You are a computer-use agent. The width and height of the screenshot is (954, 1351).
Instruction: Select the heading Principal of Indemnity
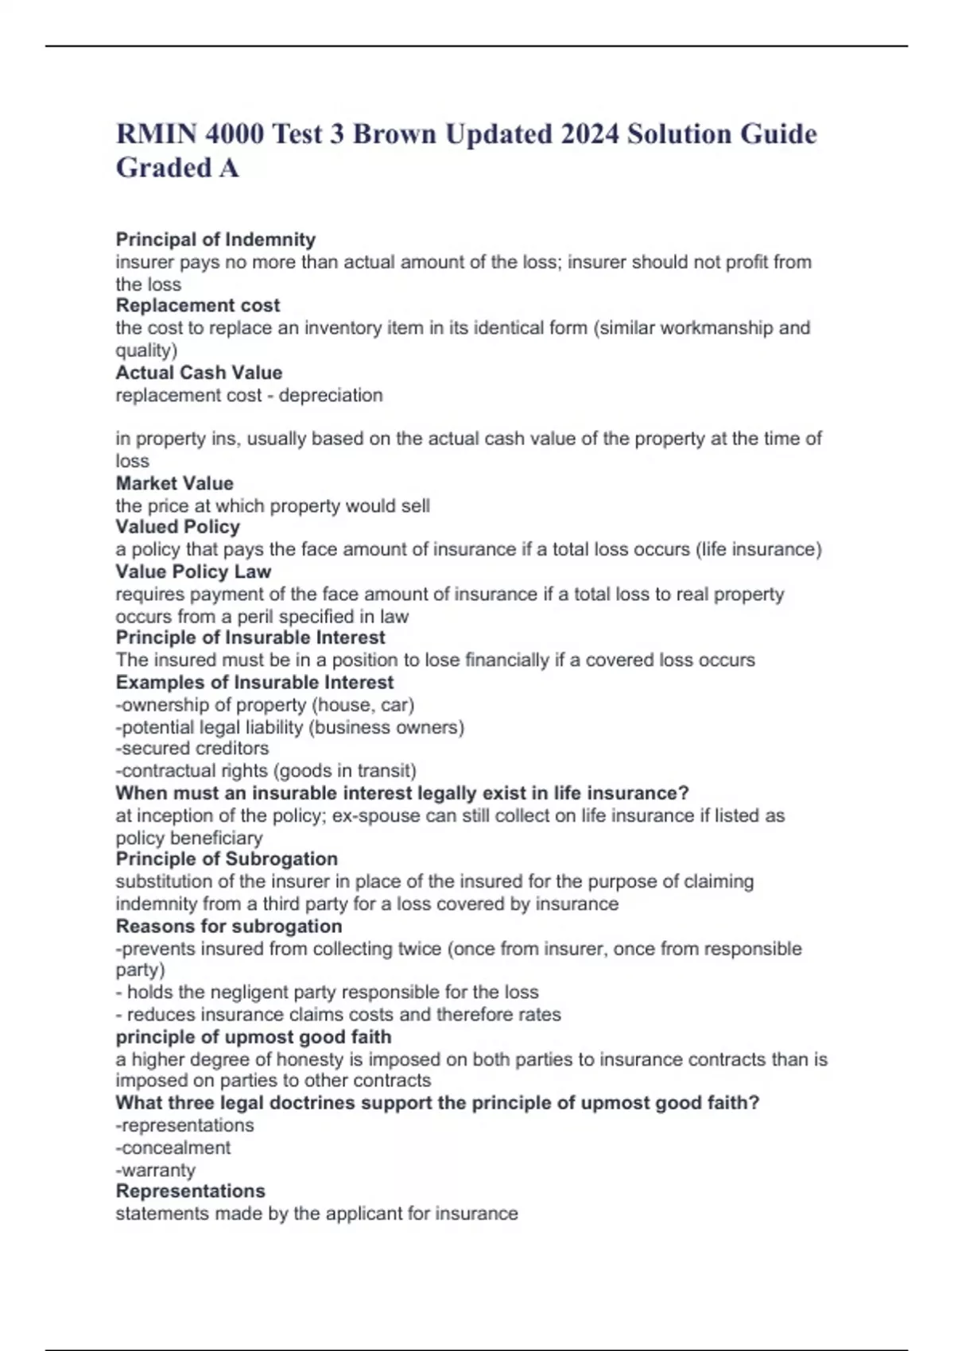point(215,239)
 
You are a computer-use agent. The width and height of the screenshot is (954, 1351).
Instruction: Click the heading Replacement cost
point(198,305)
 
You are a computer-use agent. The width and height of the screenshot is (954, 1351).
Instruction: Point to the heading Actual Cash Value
point(199,372)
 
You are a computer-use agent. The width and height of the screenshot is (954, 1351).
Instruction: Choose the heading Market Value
point(174,483)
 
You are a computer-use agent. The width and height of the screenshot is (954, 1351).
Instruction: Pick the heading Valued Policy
point(177,526)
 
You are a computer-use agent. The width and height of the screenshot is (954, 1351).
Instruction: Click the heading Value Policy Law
point(193,571)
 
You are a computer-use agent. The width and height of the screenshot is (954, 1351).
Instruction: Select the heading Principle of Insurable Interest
point(250,637)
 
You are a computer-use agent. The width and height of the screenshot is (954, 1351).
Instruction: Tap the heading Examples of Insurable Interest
point(254,682)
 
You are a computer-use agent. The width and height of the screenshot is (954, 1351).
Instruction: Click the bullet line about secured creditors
point(192,748)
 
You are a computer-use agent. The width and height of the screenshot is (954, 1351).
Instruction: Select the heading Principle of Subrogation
point(227,858)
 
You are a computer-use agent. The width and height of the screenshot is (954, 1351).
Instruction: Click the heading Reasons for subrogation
point(229,926)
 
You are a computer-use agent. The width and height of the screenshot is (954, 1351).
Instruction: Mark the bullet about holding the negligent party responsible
point(328,992)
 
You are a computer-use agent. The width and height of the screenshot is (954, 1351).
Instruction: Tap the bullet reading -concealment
point(173,1148)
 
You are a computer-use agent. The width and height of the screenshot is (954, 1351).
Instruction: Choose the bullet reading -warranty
point(156,1170)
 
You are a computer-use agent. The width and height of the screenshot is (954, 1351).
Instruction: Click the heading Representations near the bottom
point(191,1190)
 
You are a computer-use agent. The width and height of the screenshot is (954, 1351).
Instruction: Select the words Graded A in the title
point(177,168)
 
